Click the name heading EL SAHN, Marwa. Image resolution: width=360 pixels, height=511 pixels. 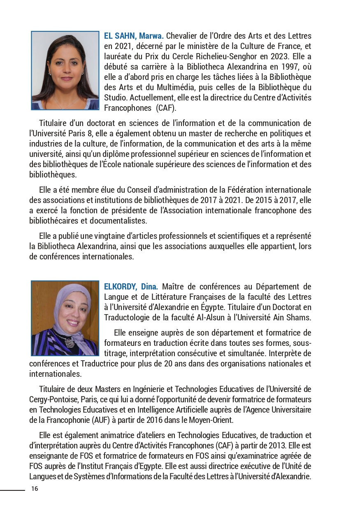(134, 36)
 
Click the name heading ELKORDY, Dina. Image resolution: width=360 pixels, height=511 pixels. (131, 287)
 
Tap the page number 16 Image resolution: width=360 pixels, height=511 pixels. (35, 488)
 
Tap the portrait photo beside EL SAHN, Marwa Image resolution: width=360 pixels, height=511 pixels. (65, 70)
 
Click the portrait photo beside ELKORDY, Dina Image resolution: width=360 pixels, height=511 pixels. (65, 318)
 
